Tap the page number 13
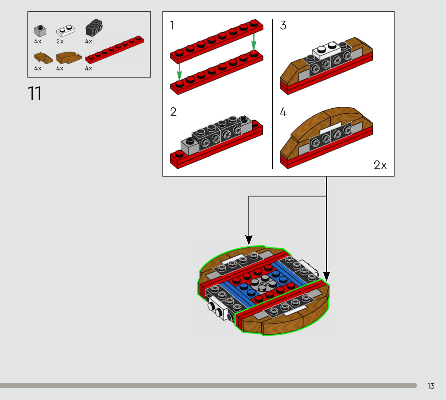[x=431, y=386]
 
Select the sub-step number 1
[x=172, y=25]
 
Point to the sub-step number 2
[x=173, y=112]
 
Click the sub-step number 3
[x=283, y=25]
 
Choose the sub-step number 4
[x=283, y=112]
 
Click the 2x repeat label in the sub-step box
[x=380, y=165]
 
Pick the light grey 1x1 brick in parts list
[x=40, y=31]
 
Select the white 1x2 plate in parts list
[x=66, y=31]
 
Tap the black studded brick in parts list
[x=94, y=28]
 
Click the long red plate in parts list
[x=115, y=50]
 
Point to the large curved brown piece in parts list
[x=69, y=58]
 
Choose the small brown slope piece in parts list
[x=43, y=58]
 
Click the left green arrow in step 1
[x=179, y=72]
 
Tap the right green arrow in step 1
[x=254, y=42]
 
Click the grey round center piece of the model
[x=262, y=284]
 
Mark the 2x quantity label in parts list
[x=60, y=42]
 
